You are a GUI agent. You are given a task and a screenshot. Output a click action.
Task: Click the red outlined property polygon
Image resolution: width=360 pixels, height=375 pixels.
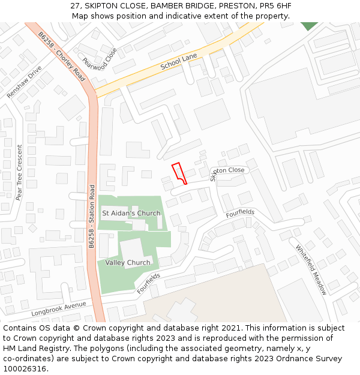point(179,172)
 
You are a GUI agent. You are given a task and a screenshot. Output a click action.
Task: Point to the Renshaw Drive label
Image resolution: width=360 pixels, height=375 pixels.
point(25,82)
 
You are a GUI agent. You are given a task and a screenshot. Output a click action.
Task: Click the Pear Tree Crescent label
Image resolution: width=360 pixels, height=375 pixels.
point(19,173)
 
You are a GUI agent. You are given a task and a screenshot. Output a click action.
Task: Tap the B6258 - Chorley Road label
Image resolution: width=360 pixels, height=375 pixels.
point(62,58)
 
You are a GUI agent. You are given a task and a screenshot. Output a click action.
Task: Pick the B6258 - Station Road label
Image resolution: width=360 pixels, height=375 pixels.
point(92,216)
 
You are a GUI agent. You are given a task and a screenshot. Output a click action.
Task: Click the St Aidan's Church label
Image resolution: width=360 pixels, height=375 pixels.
point(131,213)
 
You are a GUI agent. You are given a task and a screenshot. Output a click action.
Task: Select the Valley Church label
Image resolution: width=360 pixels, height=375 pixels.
point(128,263)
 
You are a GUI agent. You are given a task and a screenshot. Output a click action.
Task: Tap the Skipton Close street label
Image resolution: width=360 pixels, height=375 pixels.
point(228,172)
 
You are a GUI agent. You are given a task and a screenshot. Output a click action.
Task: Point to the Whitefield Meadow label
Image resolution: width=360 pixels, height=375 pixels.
point(311,269)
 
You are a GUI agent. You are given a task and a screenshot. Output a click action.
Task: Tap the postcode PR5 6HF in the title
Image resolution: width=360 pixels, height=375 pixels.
point(274,6)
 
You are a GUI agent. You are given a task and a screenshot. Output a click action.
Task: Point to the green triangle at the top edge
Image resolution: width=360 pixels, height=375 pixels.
point(309,25)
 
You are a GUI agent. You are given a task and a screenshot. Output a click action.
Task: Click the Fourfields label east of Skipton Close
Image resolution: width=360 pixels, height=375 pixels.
point(240,214)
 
